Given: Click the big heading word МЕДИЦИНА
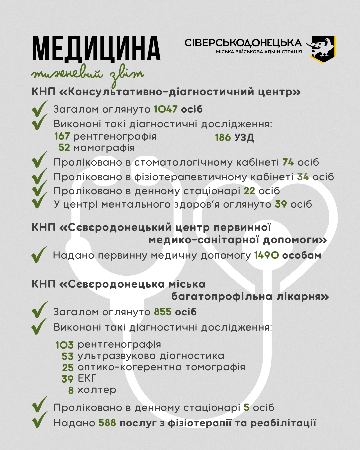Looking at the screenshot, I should click(96, 49).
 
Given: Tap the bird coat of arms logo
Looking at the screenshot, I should click(322, 48).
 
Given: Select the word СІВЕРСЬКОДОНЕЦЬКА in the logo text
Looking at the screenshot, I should click(243, 43).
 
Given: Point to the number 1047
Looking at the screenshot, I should click(166, 109).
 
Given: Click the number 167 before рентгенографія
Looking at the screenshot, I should click(62, 136).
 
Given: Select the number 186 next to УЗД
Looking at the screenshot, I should click(223, 137).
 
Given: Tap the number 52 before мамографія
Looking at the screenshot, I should click(64, 148).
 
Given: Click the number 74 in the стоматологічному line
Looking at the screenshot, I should click(288, 162).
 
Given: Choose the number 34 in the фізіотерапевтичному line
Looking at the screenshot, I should click(303, 177).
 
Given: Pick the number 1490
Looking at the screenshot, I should click(266, 256).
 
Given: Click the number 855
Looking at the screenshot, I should click(163, 312).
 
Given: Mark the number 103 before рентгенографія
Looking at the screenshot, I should click(64, 345).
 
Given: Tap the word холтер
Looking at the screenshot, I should click(97, 390).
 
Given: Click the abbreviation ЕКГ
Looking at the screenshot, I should click(87, 378).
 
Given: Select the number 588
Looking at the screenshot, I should click(107, 423).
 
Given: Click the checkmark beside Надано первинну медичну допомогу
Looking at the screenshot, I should click(39, 255).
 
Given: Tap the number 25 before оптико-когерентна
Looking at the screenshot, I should click(68, 368).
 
